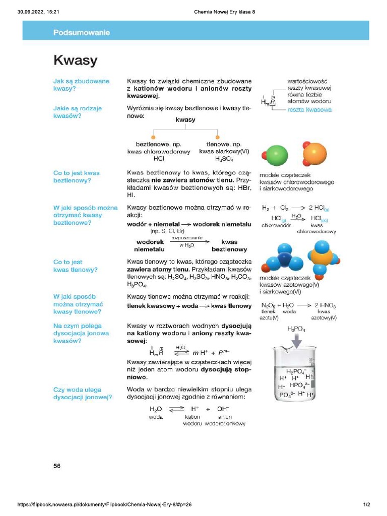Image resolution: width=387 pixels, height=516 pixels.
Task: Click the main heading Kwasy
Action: [75, 60]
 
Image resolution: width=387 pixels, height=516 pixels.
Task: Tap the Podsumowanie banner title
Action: [82, 33]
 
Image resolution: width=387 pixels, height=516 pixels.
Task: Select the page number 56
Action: [57, 466]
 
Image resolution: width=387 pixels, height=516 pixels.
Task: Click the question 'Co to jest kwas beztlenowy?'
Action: [77, 177]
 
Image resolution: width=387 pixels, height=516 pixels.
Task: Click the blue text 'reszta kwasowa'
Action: [309, 110]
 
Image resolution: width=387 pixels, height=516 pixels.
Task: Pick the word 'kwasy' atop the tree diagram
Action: [185, 120]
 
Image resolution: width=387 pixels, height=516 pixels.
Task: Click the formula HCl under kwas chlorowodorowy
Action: [159, 159]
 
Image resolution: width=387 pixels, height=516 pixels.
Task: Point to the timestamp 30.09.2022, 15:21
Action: [38, 12]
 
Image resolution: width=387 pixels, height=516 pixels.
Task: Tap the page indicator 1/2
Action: [366, 504]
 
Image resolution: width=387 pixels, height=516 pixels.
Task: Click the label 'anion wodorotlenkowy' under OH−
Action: [225, 420]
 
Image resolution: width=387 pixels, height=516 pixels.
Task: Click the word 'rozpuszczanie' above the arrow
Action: [187, 237]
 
